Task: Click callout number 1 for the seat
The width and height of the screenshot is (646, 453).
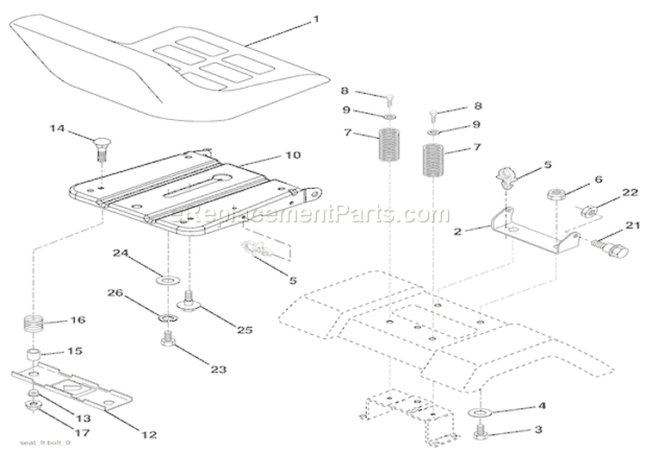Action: (291, 18)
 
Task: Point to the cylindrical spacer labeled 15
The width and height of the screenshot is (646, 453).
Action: (33, 356)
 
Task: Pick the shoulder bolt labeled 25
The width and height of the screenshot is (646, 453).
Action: (187, 304)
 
